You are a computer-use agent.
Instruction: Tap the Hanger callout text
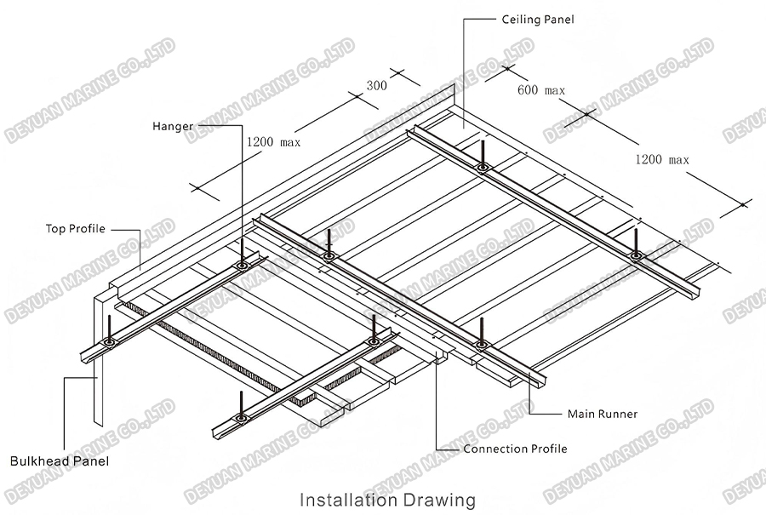173,127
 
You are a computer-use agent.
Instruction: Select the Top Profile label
76,228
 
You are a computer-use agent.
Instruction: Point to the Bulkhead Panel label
60,461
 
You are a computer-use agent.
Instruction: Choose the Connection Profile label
515,449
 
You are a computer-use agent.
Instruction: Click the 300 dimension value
376,86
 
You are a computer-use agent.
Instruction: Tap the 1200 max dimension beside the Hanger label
272,142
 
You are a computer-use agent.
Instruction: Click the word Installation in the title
352,498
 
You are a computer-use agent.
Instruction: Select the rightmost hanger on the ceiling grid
636,243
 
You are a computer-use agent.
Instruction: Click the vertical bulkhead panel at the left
97,358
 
